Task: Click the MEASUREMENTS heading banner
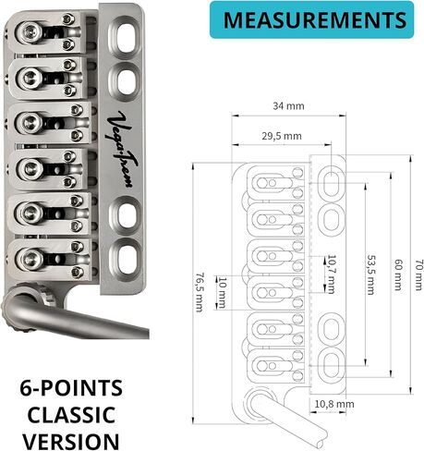[x=311, y=20]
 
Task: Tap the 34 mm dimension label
[x=288, y=106]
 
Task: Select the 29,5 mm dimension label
[x=282, y=136]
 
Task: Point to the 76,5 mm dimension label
[x=200, y=292]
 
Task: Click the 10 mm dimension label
[x=223, y=292]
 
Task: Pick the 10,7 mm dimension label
[x=332, y=274]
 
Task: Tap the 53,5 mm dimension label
[x=370, y=274]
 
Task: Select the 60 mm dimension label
[x=398, y=274]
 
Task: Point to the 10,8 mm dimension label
[x=334, y=404]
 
